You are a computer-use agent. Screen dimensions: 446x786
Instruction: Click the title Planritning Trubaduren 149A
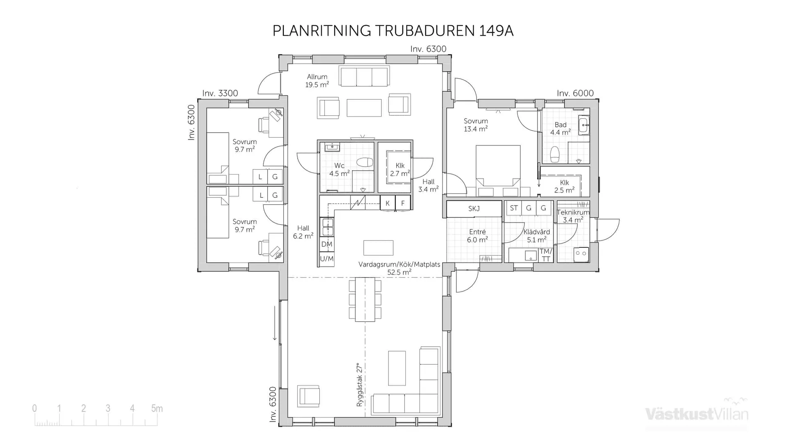[393, 31]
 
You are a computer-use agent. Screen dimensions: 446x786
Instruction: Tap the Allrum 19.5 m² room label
[317, 81]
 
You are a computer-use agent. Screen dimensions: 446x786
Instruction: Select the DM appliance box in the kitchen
[327, 244]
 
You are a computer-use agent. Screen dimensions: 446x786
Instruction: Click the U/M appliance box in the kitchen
[327, 259]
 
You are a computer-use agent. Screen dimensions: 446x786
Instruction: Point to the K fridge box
[387, 203]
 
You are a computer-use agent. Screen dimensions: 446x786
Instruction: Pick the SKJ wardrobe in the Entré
[474, 209]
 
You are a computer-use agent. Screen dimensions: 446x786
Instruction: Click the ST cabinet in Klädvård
[514, 208]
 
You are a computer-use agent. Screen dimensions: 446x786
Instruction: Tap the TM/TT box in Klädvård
[546, 255]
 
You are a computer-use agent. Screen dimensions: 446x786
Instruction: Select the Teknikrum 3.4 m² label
[573, 216]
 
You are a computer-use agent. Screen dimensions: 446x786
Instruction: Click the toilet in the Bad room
[555, 154]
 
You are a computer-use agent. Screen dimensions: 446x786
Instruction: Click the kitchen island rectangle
[378, 248]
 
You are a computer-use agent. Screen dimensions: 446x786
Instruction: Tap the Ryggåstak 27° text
[359, 384]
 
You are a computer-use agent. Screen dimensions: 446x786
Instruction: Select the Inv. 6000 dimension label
[575, 93]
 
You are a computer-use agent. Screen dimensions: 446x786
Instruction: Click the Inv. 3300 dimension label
[220, 93]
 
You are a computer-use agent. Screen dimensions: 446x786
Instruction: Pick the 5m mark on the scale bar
[156, 408]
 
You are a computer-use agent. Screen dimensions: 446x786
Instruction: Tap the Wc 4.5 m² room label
[339, 170]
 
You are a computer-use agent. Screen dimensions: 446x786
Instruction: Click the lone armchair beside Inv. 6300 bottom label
[309, 396]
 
